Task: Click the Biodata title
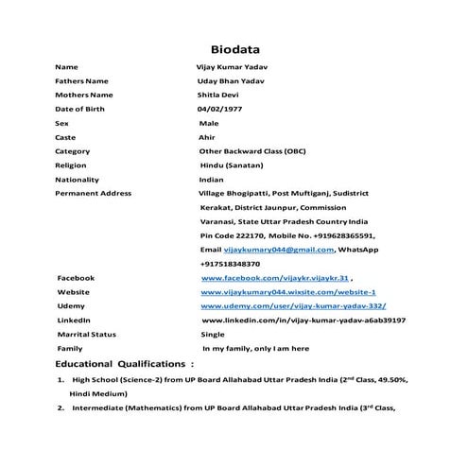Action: [234, 49]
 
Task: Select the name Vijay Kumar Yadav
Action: [225, 68]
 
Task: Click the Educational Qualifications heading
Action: [125, 363]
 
